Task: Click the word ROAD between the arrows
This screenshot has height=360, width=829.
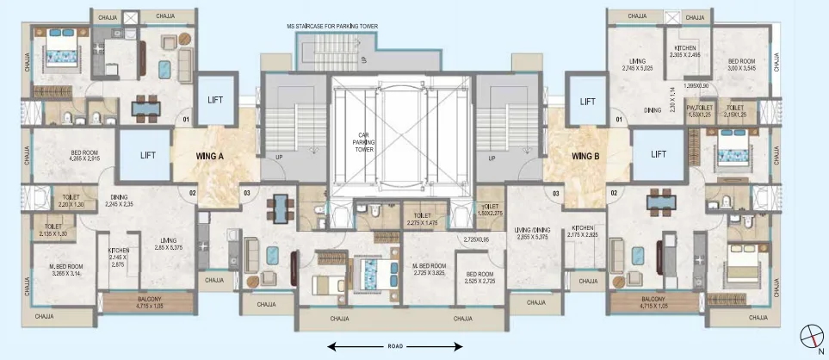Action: pos(395,346)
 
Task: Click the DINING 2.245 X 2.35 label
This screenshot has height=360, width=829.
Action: pos(121,201)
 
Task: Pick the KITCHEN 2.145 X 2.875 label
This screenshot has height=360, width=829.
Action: pos(119,257)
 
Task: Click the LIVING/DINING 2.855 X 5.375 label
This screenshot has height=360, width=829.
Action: pos(532,233)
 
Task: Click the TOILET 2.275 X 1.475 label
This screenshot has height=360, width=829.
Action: pos(422,220)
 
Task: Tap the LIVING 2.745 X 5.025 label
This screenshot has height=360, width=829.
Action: pos(638,65)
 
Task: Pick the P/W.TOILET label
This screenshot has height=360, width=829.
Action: pos(698,110)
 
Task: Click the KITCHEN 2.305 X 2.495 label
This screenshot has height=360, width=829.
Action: pos(685,51)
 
